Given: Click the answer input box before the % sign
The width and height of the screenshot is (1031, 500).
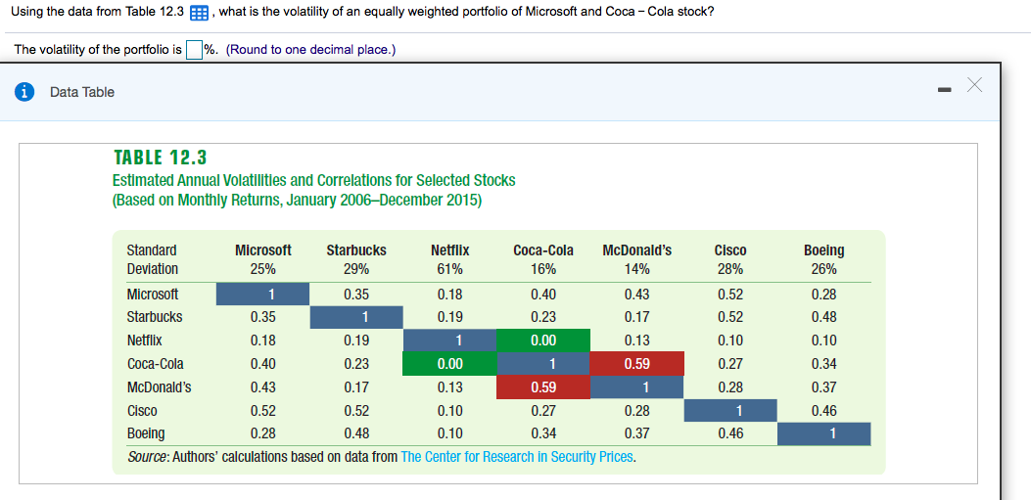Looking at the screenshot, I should (194, 50).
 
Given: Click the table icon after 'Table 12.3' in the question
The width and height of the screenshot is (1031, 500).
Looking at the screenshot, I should (200, 12).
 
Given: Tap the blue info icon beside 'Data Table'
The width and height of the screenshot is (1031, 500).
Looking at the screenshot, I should (23, 92).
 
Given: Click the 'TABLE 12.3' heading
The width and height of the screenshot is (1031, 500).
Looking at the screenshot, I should (160, 158).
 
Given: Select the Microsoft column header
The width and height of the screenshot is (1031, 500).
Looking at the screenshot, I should (262, 250).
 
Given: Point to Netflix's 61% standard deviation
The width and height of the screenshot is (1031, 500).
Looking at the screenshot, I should (449, 269).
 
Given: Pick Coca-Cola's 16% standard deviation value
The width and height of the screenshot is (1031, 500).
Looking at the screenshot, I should (543, 269).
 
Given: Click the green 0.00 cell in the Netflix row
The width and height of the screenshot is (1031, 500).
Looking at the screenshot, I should (543, 341).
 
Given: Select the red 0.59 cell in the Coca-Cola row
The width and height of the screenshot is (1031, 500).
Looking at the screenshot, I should (637, 364).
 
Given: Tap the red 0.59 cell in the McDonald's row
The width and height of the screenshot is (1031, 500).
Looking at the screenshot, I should (543, 386).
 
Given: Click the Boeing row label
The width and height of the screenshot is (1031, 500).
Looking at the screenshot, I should (146, 432).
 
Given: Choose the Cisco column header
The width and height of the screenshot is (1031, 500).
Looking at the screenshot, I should (730, 250).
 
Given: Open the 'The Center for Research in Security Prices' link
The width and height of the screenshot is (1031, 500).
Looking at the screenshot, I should (517, 456).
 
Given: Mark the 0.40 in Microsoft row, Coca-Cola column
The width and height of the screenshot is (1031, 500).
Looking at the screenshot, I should (543, 294).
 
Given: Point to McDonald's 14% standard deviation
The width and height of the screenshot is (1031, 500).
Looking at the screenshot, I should (637, 269).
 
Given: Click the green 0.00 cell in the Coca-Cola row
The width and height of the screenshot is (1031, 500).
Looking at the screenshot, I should (449, 364).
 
